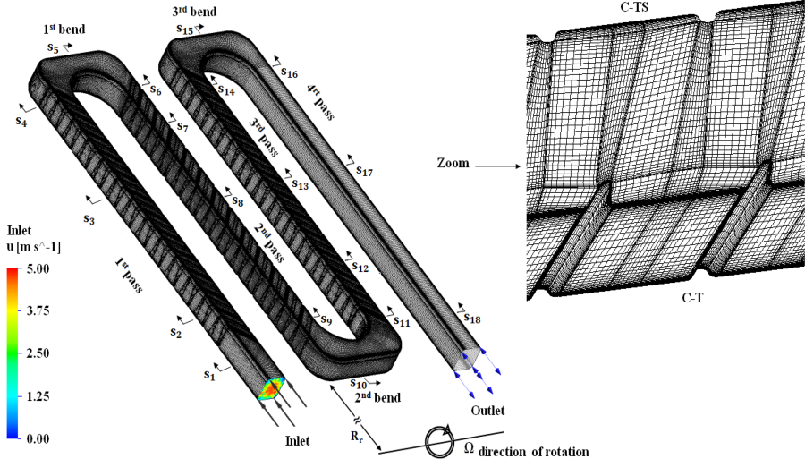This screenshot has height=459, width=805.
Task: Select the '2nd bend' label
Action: (375, 396)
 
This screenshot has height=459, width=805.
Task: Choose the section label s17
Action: (364, 170)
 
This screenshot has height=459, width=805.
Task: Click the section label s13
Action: (300, 184)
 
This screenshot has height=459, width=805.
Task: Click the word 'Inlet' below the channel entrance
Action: (297, 440)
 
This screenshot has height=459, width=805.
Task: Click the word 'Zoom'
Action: (453, 165)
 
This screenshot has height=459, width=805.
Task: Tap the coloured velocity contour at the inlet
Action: (271, 388)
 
